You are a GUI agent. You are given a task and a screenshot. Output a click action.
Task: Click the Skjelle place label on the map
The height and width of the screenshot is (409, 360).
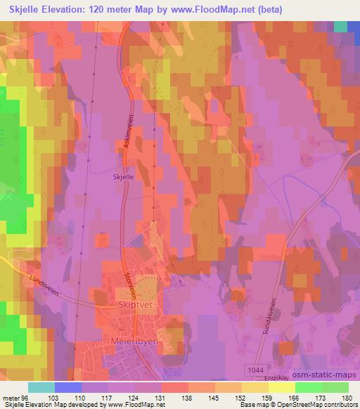123,178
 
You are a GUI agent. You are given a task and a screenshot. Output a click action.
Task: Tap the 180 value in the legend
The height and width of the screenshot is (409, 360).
347,397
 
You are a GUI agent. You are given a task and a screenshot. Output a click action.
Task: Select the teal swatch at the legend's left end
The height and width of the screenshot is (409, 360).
41,387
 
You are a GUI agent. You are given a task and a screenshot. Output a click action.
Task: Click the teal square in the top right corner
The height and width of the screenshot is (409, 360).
340,26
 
